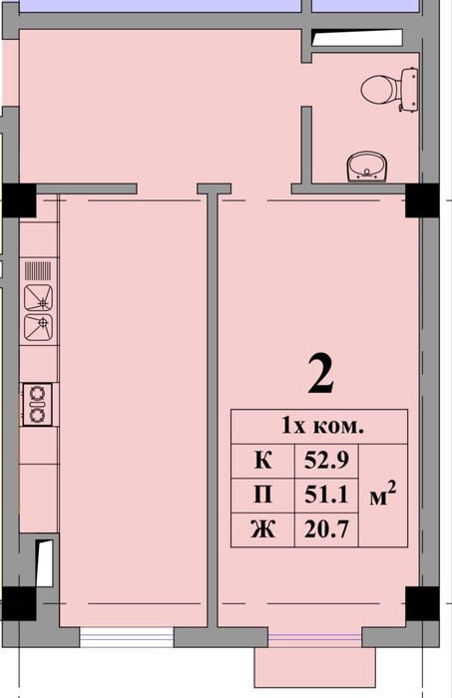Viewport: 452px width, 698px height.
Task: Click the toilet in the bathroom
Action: [x=390, y=90]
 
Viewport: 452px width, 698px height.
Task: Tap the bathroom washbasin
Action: [x=366, y=167]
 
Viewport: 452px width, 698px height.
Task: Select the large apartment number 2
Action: [x=320, y=375]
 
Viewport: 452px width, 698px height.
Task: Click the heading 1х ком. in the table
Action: [x=323, y=427]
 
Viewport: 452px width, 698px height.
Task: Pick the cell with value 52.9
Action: [x=326, y=461]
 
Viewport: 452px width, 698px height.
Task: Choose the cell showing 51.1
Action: [x=326, y=495]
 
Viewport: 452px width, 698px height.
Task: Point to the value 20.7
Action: [x=326, y=529]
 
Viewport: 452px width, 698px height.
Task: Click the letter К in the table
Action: [x=263, y=461]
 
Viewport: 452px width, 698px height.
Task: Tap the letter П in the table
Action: [x=263, y=495]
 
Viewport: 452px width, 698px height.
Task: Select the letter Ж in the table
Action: [x=263, y=529]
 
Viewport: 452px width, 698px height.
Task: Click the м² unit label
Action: [x=383, y=495]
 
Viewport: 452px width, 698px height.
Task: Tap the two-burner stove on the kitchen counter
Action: [x=38, y=405]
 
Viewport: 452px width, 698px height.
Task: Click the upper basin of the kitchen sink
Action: [x=38, y=298]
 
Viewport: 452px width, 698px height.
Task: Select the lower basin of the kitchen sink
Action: [x=38, y=328]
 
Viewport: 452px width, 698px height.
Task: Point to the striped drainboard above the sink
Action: [x=38, y=270]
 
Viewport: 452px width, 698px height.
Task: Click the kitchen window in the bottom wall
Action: [x=127, y=637]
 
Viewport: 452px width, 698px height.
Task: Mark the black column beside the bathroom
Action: [x=422, y=200]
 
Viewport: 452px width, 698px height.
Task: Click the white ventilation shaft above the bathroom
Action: [x=356, y=38]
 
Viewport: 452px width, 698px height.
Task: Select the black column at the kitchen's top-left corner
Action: [x=19, y=200]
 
